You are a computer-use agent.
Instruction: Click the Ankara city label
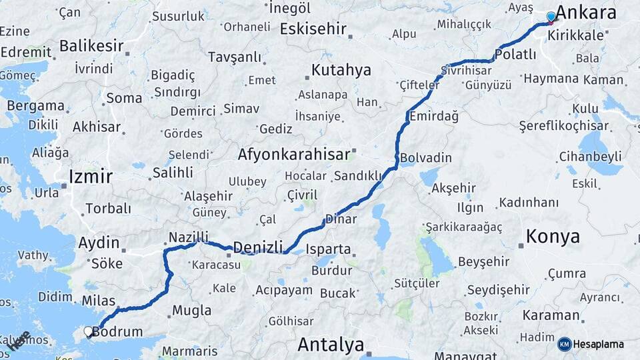coord(585,13)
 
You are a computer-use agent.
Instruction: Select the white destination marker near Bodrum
coord(88,331)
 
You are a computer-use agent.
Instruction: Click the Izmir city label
coord(91,177)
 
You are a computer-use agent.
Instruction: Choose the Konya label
coord(553,236)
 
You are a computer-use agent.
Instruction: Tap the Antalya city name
coord(331,345)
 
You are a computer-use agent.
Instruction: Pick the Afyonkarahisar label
coord(294,155)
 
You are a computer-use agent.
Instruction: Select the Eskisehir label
coord(313,29)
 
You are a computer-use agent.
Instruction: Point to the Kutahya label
coord(341,69)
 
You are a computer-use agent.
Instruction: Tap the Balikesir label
coord(91,46)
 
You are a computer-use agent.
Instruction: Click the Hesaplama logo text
coord(599,344)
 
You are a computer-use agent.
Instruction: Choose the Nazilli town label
coord(188,237)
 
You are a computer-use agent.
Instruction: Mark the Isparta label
coord(328,249)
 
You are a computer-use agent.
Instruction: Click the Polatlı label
coord(516,54)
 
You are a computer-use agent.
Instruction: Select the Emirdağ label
coord(433,116)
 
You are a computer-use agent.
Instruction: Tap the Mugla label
coord(191,310)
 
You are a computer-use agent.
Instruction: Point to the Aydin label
coord(99,243)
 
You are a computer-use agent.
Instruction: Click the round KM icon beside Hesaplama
coord(565,344)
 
